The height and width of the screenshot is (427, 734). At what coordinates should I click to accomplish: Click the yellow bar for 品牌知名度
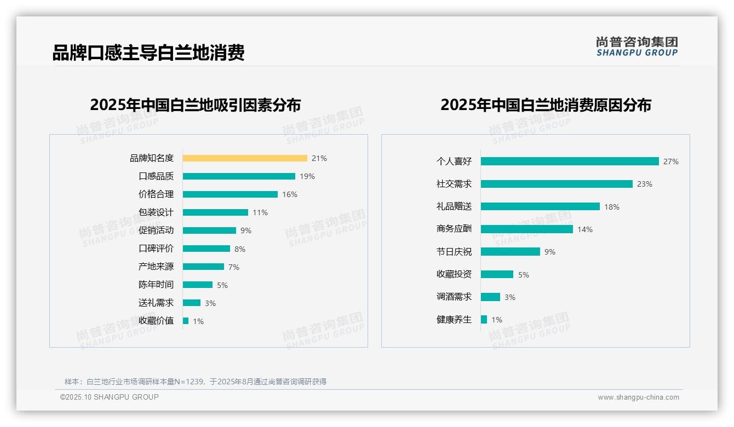(245, 158)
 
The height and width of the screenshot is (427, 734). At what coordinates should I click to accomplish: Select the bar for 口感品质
(239, 176)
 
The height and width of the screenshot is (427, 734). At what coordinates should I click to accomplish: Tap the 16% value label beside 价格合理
(290, 194)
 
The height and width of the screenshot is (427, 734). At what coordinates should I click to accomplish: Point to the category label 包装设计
(156, 212)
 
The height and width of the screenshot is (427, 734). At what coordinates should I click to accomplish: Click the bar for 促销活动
(209, 230)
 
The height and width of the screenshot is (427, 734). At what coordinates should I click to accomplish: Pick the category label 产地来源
(156, 267)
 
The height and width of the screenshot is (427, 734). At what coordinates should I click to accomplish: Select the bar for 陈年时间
(198, 285)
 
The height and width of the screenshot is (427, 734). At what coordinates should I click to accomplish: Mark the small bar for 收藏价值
(186, 321)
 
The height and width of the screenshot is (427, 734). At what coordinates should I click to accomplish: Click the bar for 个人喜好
(570, 161)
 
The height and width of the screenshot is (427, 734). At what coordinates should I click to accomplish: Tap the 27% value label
(671, 161)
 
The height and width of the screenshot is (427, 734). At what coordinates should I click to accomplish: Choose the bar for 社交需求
(557, 184)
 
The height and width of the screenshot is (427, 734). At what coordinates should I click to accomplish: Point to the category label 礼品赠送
(454, 206)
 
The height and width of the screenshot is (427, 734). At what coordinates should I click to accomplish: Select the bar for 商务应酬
(527, 229)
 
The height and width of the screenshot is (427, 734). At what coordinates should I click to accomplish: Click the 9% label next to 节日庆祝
(550, 252)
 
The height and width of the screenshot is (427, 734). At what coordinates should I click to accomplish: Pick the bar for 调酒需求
(491, 297)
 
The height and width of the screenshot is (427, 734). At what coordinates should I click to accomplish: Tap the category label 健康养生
(454, 319)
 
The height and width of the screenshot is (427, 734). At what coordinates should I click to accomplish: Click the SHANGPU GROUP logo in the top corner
(637, 47)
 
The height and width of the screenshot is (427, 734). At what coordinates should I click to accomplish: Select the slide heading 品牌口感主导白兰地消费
(148, 53)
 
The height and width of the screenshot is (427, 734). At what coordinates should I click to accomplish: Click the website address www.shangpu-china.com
(638, 397)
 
